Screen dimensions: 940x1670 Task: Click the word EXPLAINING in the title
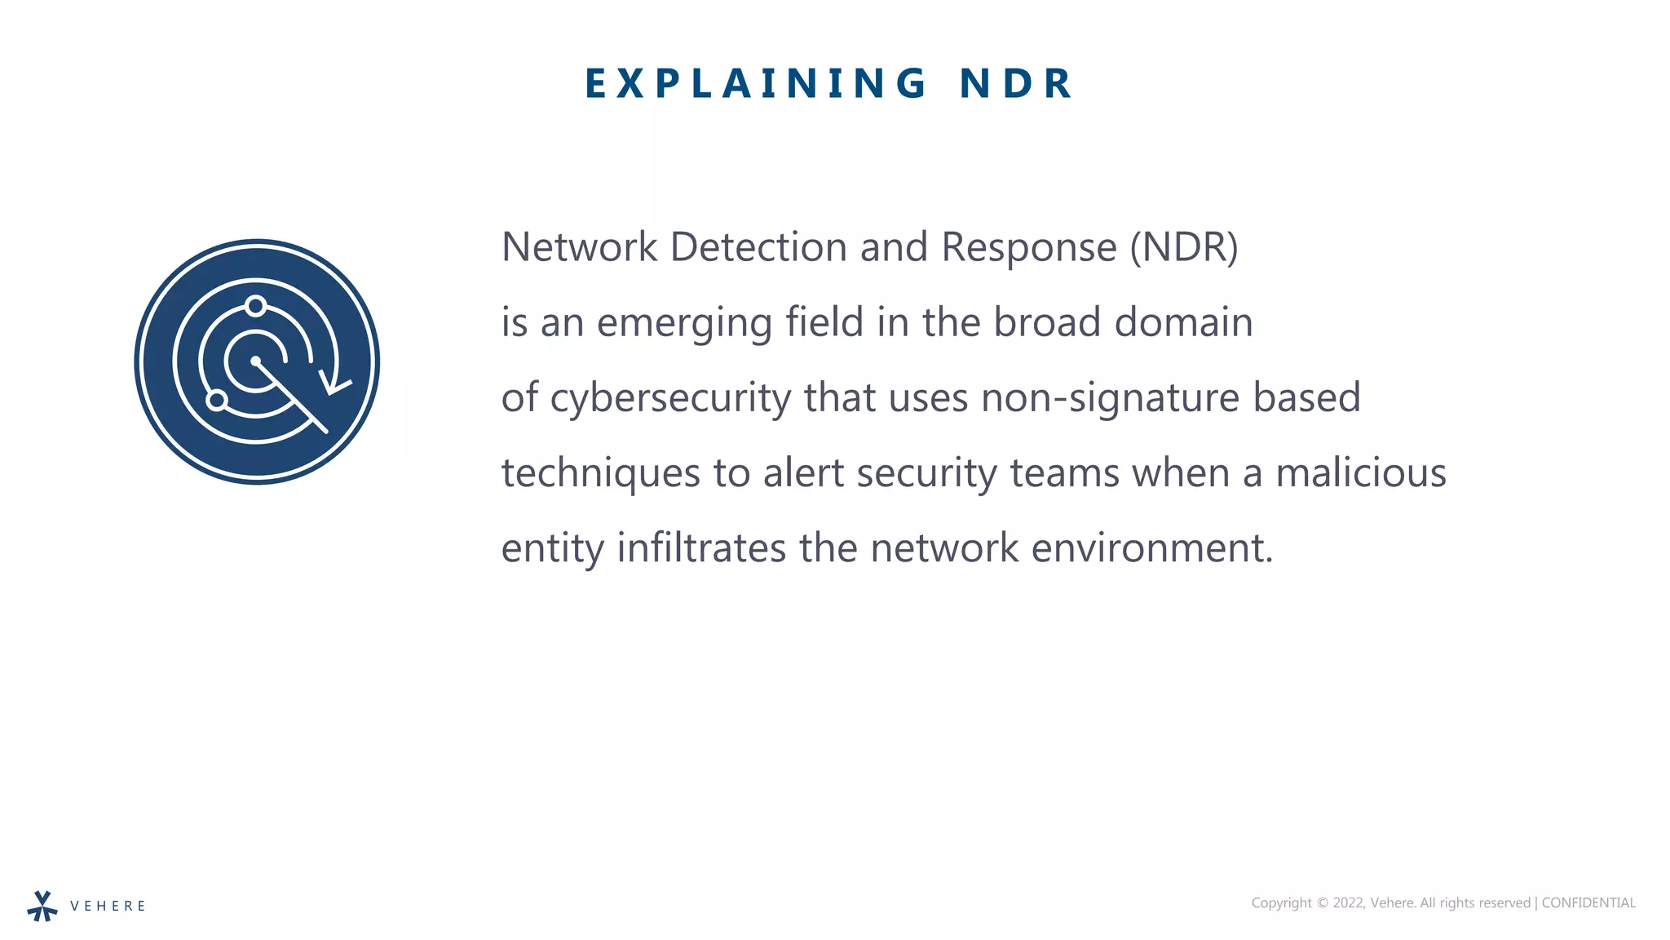[755, 83]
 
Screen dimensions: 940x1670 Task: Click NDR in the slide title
[1015, 83]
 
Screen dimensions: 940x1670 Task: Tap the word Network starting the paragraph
[579, 247]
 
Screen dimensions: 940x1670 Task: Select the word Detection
[758, 247]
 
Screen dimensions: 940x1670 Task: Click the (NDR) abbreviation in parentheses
[1183, 247]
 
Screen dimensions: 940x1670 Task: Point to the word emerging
[684, 323]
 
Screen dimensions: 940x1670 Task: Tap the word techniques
[600, 473]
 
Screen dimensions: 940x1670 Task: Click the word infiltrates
[701, 548]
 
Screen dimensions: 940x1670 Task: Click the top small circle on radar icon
[256, 306]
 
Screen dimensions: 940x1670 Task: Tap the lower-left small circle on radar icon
[217, 400]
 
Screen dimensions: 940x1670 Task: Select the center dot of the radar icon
[256, 361]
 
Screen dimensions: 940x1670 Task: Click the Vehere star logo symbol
[42, 906]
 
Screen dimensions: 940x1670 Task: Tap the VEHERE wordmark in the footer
[108, 906]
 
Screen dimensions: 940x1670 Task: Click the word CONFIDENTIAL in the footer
[1588, 902]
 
